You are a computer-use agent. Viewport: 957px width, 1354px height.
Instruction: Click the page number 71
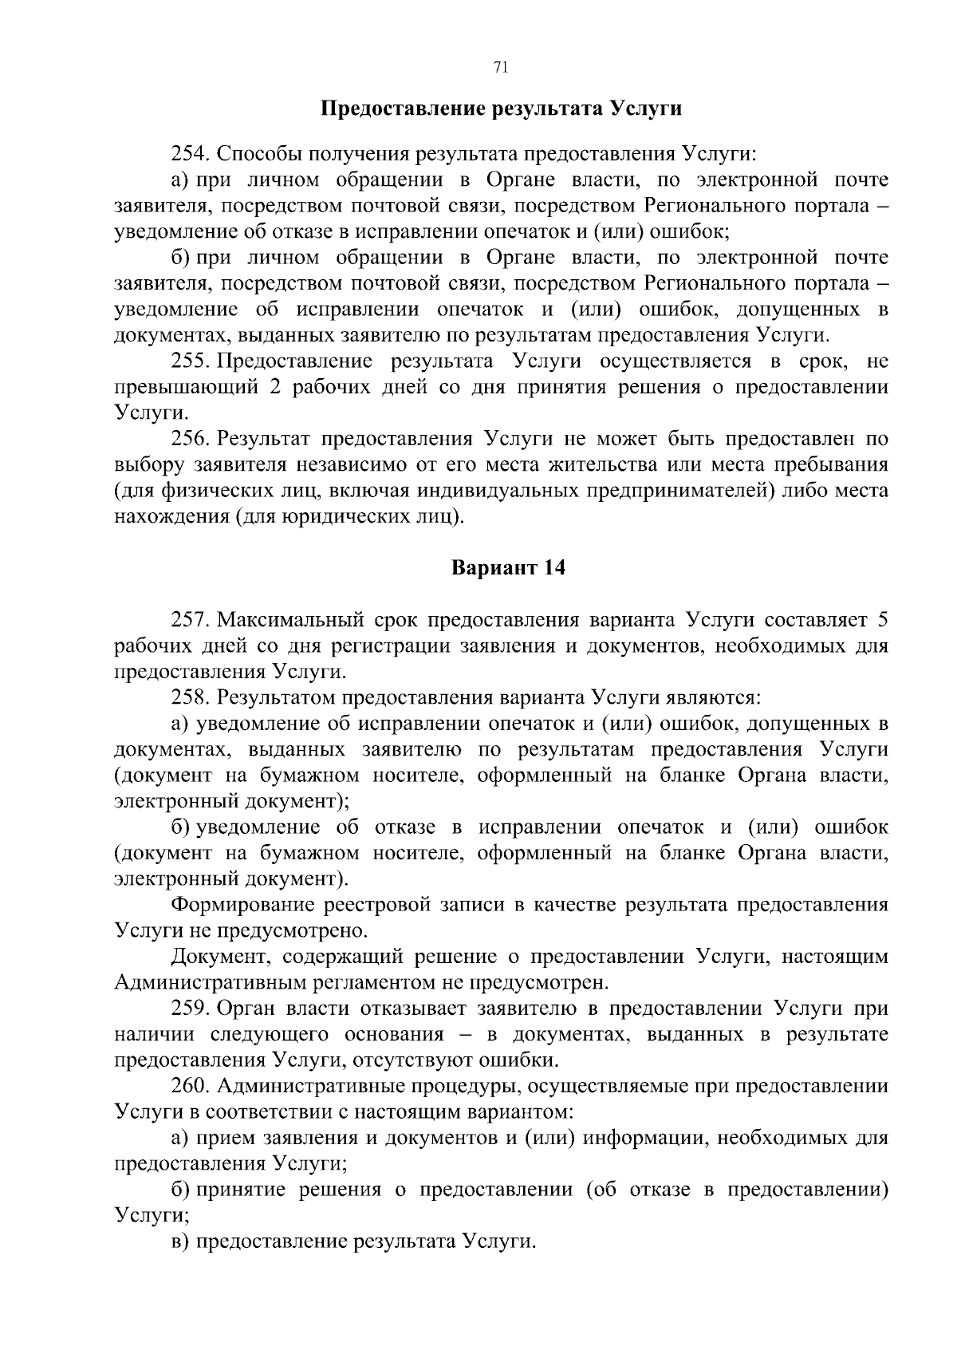coord(502,69)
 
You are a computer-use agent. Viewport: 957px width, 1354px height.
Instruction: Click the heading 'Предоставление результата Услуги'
coord(501,109)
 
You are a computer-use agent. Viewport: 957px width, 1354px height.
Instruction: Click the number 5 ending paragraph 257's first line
coord(881,621)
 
